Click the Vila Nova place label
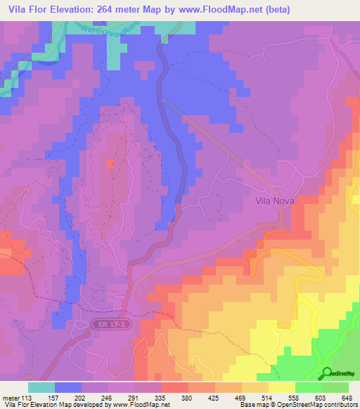click(274, 200)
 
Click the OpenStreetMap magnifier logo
click(328, 373)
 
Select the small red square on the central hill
click(110, 164)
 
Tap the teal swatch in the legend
click(41, 387)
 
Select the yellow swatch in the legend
click(282, 387)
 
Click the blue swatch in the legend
click(68, 387)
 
